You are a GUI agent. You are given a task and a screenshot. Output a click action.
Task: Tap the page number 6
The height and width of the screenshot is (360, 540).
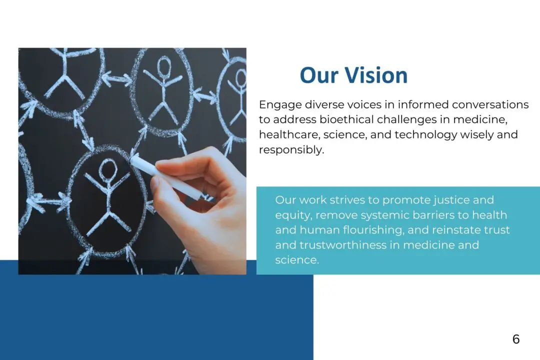click(x=516, y=339)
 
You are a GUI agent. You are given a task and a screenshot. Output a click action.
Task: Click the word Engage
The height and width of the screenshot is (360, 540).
click(x=280, y=104)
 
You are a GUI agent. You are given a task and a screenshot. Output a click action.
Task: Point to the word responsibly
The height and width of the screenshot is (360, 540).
click(x=291, y=150)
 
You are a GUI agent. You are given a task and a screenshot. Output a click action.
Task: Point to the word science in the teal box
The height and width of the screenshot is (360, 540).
click(x=297, y=260)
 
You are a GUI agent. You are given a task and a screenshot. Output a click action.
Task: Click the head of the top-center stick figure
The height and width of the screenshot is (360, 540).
click(x=164, y=66)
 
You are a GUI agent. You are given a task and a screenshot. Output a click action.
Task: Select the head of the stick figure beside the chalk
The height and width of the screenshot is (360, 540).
click(x=108, y=169)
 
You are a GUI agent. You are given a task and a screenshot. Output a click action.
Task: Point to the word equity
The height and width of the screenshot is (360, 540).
click(x=294, y=215)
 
